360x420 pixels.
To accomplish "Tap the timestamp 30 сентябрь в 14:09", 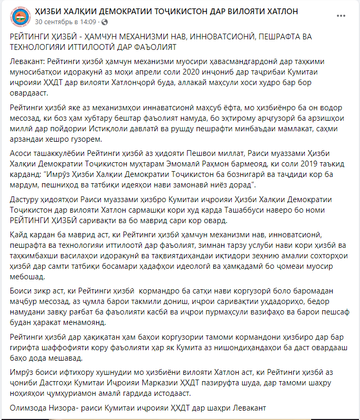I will [x=65, y=22].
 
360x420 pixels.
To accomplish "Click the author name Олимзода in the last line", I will [x=28, y=407].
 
